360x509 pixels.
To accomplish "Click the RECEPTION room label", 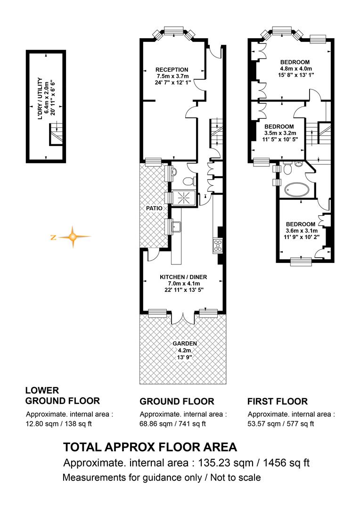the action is [x=172, y=69].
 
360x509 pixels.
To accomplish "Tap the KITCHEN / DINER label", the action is [x=183, y=277].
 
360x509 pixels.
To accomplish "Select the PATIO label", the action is [x=154, y=208].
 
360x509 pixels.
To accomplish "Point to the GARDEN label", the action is [x=185, y=344].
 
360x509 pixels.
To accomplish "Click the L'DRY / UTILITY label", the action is [x=40, y=99].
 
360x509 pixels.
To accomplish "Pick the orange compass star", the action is [x=73, y=237].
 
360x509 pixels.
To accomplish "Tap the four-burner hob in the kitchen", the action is [x=218, y=246].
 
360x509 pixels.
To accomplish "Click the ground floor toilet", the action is [x=189, y=181].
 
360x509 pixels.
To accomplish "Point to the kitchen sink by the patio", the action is [x=176, y=227].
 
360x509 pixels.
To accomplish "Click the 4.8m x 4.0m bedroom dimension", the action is [x=296, y=68].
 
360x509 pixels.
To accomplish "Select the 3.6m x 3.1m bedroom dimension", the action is [x=302, y=231].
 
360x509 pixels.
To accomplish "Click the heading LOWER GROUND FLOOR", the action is [x=62, y=396].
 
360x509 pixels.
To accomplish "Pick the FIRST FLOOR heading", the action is [x=278, y=402].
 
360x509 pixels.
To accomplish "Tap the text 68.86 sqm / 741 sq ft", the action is [x=172, y=424].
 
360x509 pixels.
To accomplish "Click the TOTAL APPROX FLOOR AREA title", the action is [x=150, y=447].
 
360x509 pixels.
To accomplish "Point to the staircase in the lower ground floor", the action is [x=56, y=134].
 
